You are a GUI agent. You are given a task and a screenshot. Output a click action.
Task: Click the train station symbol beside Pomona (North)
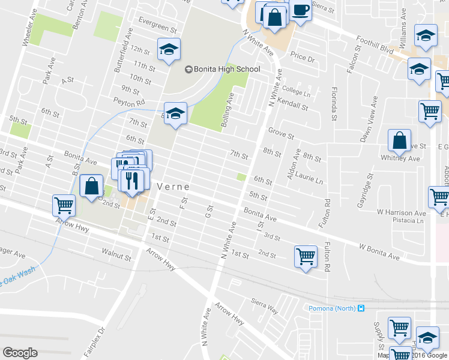coord(361,308)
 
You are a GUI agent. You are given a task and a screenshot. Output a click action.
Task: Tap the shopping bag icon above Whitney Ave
coord(399,141)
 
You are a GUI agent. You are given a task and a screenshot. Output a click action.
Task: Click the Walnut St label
coord(116,258)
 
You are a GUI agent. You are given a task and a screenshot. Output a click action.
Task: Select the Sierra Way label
coord(265,305)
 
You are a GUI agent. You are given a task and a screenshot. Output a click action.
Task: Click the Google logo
coord(20,353)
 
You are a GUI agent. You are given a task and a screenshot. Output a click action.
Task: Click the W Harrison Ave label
coord(402,212)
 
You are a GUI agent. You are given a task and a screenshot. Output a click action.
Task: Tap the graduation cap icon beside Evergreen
coord(169,50)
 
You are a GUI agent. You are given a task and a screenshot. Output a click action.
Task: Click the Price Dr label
coord(303,59)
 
